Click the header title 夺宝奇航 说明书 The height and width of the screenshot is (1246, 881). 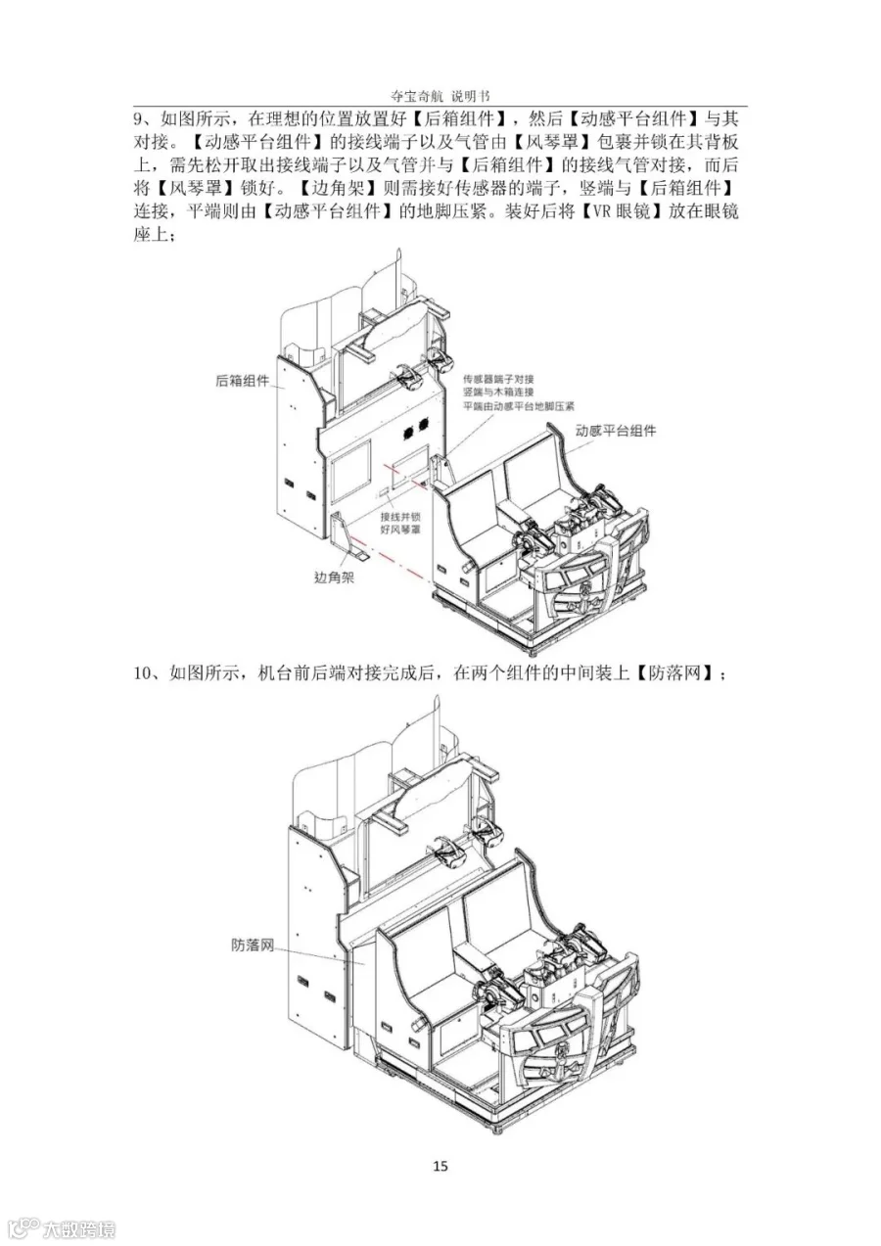440,96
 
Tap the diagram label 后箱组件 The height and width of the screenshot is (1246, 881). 242,381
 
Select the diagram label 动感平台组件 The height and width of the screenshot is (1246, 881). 616,430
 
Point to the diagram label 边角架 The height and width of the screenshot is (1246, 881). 334,577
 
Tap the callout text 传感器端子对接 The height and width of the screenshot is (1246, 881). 498,380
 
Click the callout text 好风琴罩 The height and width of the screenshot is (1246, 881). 400,529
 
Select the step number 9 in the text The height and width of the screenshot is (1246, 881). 138,119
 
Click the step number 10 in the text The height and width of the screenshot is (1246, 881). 142,673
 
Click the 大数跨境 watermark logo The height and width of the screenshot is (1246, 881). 58,1226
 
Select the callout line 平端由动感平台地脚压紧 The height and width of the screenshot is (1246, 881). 519,406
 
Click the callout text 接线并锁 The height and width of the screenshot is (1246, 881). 400,517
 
